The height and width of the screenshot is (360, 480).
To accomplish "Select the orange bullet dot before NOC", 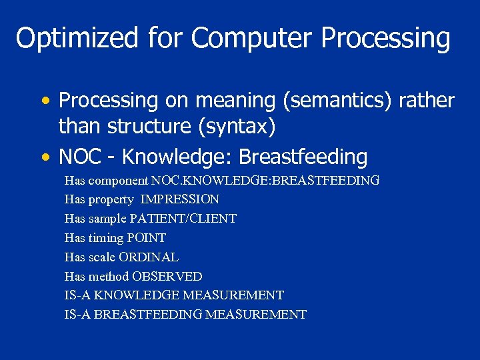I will click(45, 158).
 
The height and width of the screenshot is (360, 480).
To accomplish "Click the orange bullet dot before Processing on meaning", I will click(45, 101).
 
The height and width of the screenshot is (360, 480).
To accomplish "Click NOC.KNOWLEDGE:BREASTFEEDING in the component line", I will click(265, 181).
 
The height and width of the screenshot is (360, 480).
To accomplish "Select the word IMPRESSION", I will click(179, 199).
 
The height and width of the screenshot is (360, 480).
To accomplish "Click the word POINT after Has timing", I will click(146, 238).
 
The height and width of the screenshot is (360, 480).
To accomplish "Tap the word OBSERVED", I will click(167, 276).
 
